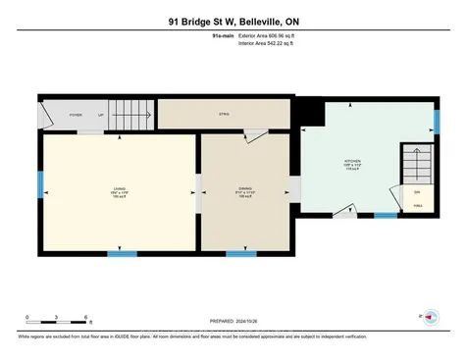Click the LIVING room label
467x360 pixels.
(x=119, y=188)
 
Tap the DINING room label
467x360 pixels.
(x=244, y=188)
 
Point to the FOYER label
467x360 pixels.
(x=74, y=114)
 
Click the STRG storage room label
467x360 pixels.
(x=224, y=114)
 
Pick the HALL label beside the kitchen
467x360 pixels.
(x=416, y=205)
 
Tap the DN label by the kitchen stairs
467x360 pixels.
(x=416, y=191)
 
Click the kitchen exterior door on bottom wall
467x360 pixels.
(x=345, y=211)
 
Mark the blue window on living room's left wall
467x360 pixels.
(x=40, y=183)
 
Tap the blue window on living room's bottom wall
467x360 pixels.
(x=122, y=254)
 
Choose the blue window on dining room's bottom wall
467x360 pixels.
(x=241, y=254)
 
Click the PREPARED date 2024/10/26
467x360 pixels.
(x=233, y=321)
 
